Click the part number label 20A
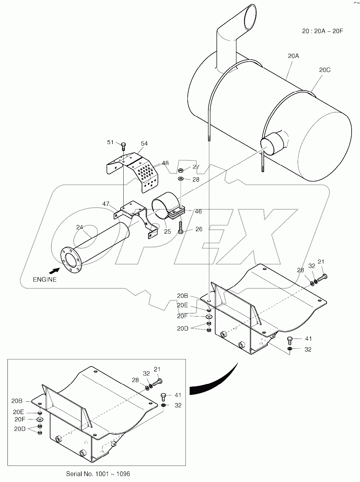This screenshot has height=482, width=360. [x=293, y=56]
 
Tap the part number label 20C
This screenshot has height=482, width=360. [x=324, y=70]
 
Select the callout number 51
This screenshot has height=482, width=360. [x=111, y=142]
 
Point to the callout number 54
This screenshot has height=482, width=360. [x=144, y=143]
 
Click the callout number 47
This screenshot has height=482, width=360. [x=106, y=204]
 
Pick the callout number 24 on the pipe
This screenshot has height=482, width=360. [x=79, y=227]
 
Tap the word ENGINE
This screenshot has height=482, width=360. [x=45, y=279]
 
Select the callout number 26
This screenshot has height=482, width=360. [x=199, y=229]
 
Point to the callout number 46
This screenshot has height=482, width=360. [x=198, y=212]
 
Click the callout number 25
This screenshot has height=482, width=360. [x=168, y=232]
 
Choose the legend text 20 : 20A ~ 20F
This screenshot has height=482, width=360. [x=322, y=31]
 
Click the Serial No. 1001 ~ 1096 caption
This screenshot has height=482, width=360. [x=98, y=474]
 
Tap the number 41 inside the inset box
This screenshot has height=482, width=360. [x=178, y=395]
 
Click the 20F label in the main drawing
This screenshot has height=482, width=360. [x=182, y=316]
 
